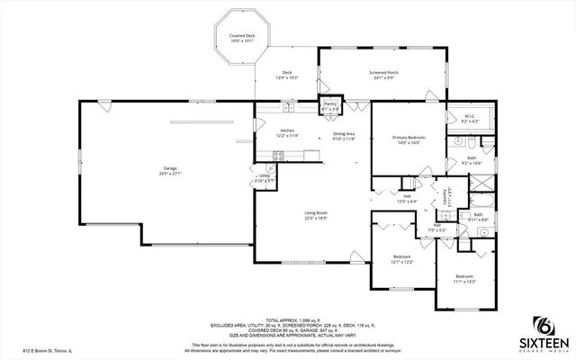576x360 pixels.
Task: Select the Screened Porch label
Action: click(384, 74)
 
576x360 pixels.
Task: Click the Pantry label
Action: click(330, 105)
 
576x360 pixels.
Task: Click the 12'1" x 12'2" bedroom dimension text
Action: click(401, 262)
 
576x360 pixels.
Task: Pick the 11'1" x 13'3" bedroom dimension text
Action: click(463, 282)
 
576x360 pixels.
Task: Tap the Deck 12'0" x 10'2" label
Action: click(287, 75)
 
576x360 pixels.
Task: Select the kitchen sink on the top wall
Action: click(289, 109)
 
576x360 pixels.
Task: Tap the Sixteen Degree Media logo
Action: click(547, 335)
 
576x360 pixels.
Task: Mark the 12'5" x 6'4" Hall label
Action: click(407, 199)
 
